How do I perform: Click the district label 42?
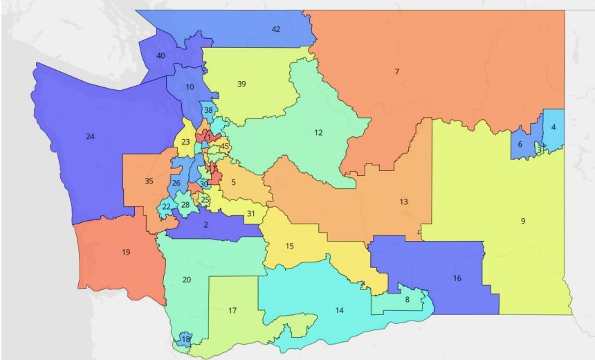click(x=276, y=29)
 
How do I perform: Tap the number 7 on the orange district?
click(x=397, y=72)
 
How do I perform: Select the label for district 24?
click(x=90, y=136)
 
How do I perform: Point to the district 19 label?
click(x=126, y=252)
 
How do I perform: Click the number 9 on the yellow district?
click(x=523, y=221)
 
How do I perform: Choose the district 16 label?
click(x=457, y=278)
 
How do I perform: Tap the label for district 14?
click(x=339, y=311)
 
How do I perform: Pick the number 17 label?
click(x=232, y=311)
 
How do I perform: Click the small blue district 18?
click(x=185, y=339)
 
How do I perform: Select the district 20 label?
click(x=186, y=280)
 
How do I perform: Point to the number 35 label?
click(x=149, y=181)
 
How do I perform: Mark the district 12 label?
click(x=318, y=132)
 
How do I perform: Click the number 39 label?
click(x=241, y=84)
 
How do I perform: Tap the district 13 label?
click(x=403, y=202)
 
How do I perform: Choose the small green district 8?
click(x=407, y=300)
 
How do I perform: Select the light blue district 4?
click(x=553, y=128)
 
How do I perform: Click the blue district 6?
click(x=520, y=145)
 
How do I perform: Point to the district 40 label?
click(x=161, y=55)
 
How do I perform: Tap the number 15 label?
click(x=289, y=246)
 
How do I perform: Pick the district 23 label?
click(x=185, y=143)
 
